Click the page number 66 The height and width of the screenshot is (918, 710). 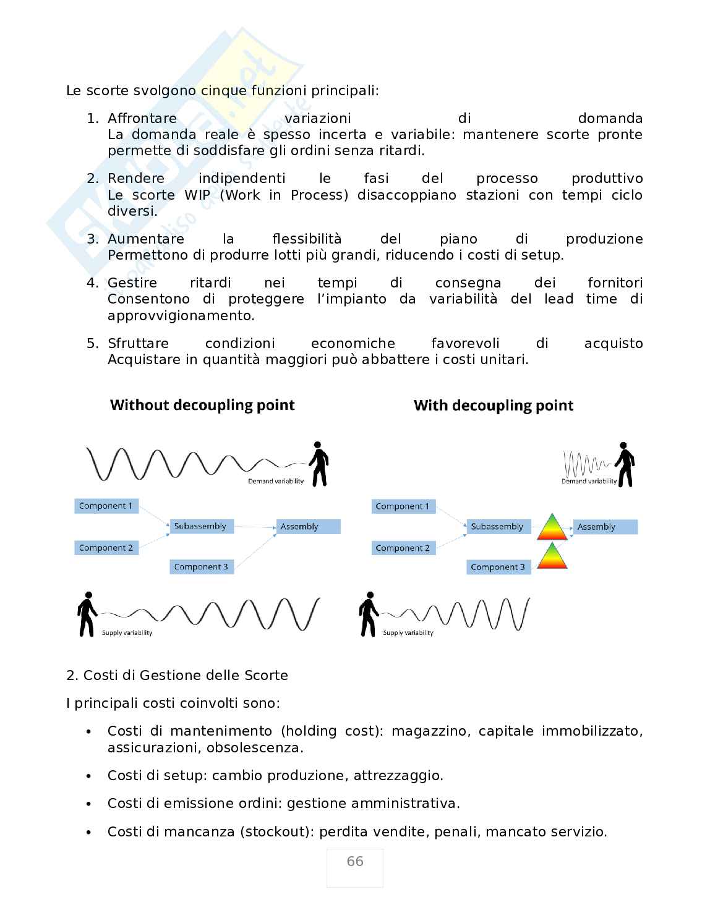click(355, 862)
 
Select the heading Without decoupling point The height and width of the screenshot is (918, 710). click(202, 406)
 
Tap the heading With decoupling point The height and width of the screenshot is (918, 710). click(494, 406)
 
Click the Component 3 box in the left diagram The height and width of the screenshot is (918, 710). click(202, 567)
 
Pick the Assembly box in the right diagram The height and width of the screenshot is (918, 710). click(605, 527)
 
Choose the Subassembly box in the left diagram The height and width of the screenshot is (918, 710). click(200, 526)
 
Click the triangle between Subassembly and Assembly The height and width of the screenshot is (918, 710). click(552, 527)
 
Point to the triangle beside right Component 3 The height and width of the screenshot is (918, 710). click(552, 556)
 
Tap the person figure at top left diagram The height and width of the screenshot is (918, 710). click(319, 464)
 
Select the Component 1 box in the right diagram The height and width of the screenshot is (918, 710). click(403, 506)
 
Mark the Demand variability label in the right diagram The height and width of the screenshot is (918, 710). click(589, 482)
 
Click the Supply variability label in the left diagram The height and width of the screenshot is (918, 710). click(127, 633)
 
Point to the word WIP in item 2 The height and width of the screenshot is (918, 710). click(197, 195)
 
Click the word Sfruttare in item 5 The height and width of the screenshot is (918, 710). click(138, 344)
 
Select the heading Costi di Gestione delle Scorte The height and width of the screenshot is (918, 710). click(186, 675)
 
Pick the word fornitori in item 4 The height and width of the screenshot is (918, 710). click(615, 283)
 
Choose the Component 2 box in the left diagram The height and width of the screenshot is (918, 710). click(106, 548)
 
